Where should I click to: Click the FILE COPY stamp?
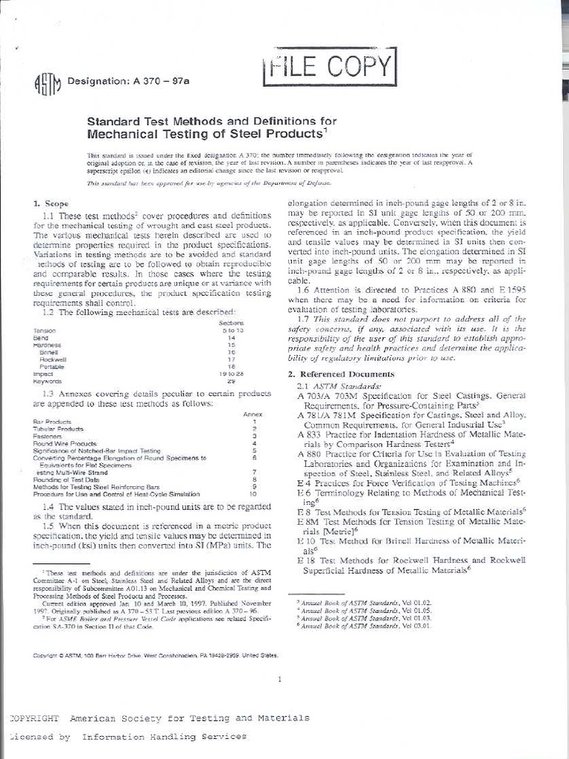pyautogui.click(x=329, y=67)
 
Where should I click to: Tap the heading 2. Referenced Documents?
pyautogui.click(x=333, y=374)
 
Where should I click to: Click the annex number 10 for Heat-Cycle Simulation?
pyautogui.click(x=253, y=493)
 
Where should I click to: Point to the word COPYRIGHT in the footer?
pyautogui.click(x=33, y=718)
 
